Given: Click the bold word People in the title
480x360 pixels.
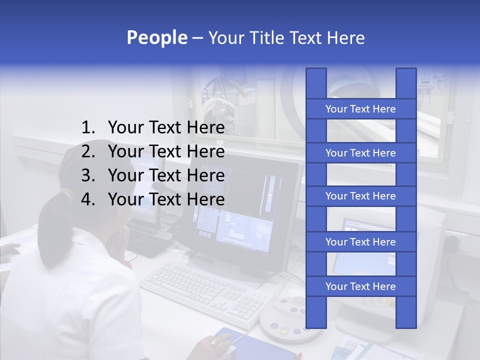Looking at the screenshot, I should coord(156,38).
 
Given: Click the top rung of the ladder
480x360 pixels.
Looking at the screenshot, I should coord(360,109).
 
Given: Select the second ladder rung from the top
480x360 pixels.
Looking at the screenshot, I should coord(360,153).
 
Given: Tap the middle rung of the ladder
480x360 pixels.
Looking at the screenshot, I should coord(360,196).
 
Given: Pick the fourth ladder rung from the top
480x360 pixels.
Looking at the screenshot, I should coord(360,242).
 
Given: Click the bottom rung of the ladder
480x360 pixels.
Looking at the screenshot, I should coord(360,286).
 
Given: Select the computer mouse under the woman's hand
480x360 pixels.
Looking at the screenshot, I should coord(224,342).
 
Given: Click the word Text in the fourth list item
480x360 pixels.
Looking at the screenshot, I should coord(164,199).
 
